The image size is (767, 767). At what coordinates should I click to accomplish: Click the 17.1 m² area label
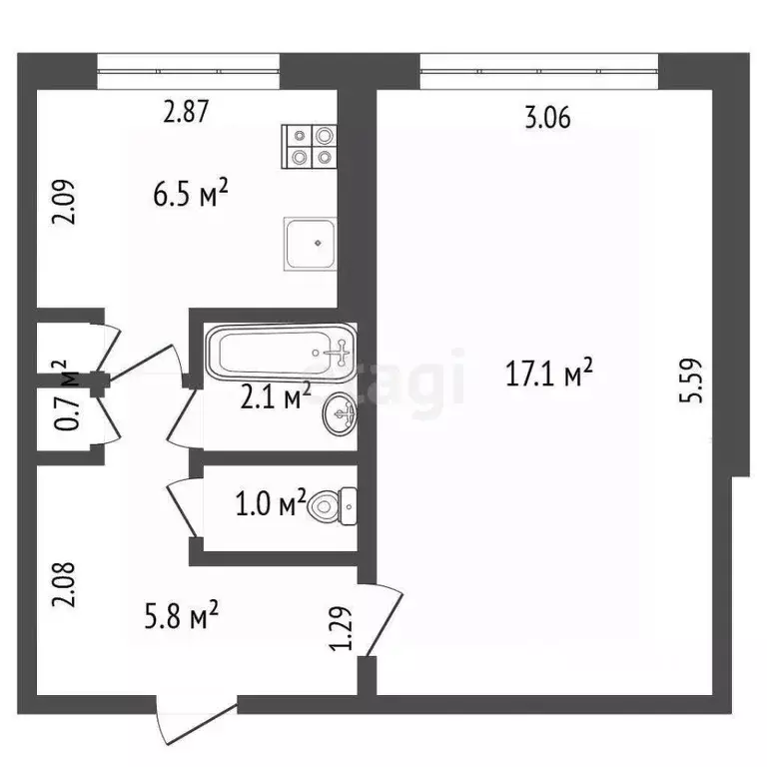550,376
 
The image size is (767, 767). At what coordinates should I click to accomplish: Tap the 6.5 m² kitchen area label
192,192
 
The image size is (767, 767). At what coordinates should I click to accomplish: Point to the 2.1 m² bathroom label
275,398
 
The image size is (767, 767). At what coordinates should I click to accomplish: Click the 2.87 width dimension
186,112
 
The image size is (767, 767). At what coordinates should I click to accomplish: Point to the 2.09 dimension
63,203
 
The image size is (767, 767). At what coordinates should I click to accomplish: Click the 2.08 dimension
63,588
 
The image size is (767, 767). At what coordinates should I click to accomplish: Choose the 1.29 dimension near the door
343,625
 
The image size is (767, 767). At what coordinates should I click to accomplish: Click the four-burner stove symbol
311,146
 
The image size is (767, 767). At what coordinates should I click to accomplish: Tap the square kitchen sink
311,244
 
